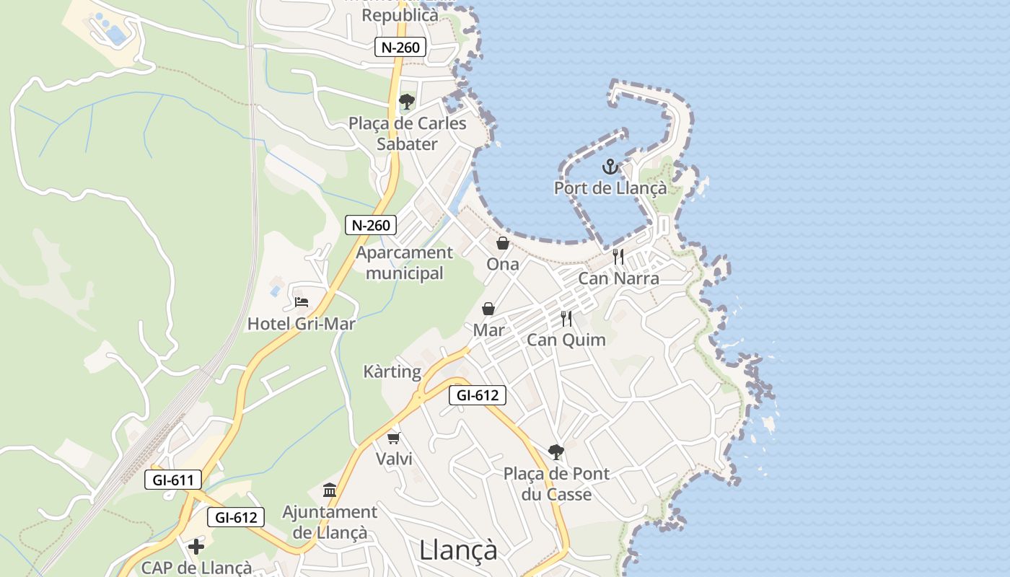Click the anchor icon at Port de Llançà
click(610, 167)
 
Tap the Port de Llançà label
click(610, 188)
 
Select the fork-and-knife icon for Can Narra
click(618, 256)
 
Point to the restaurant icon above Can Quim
click(566, 318)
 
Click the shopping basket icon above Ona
click(503, 243)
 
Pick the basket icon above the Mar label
click(488, 309)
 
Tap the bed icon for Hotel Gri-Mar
click(302, 301)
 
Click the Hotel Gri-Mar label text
click(302, 324)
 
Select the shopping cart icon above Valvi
click(394, 437)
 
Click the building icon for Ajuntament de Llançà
click(330, 490)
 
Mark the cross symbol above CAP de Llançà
click(196, 546)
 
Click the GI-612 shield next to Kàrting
click(477, 395)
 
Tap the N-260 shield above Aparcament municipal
click(371, 225)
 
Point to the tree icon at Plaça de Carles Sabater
click(407, 102)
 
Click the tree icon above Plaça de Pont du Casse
click(555, 452)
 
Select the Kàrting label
click(392, 372)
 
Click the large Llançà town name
click(458, 550)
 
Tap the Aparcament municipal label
click(404, 263)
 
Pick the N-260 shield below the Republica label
click(400, 48)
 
